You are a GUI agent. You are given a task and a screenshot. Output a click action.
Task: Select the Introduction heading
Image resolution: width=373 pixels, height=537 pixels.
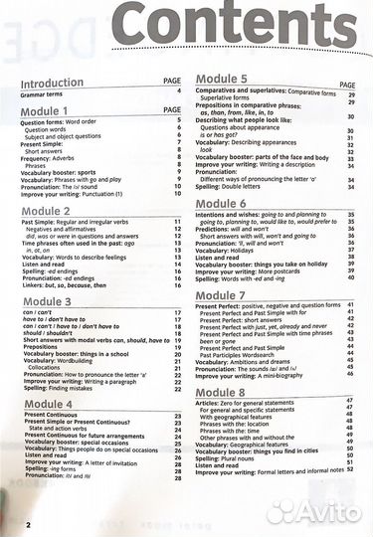53,84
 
